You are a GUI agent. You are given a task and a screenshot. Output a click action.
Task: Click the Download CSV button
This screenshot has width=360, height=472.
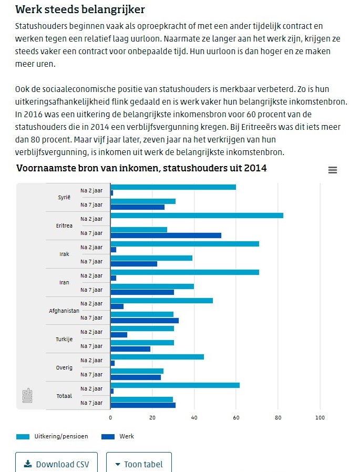coord(56,464)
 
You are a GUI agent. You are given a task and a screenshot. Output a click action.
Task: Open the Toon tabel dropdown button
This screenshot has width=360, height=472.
coord(139,464)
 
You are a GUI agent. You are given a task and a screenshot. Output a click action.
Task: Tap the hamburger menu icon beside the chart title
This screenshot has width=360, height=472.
coord(332,170)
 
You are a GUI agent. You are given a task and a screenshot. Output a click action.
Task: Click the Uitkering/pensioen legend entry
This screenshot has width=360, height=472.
coord(53,436)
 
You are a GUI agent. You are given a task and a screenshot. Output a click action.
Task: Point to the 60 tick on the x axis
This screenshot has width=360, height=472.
coord(236,418)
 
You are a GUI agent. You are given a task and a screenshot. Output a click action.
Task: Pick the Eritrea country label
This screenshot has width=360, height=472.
coord(64,226)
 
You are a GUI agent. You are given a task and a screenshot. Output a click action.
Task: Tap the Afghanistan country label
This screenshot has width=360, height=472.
coord(64,311)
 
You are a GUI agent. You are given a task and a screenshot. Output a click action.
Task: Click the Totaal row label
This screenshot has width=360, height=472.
coord(64,396)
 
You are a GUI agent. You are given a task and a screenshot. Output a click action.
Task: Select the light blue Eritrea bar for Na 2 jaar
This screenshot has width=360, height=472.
coord(197,216)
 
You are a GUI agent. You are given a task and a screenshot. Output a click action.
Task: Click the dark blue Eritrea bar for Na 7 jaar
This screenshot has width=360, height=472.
coord(166,235)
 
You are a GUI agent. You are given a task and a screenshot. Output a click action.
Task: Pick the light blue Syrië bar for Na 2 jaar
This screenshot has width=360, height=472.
coord(173,187)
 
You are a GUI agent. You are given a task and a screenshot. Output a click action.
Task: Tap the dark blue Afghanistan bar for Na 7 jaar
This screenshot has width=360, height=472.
coord(145,320)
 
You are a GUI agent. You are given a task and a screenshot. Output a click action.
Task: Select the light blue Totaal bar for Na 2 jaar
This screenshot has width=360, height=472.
coord(175,385)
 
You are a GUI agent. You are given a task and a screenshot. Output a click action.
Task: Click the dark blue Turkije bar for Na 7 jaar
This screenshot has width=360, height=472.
coord(130,349)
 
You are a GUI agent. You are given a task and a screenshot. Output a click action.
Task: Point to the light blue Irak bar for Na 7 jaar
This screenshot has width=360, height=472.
coord(151,258)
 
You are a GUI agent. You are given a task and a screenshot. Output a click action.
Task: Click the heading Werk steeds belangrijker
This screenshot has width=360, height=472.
coord(80,9)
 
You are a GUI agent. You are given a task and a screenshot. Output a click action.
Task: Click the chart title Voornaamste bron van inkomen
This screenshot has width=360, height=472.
coord(141,168)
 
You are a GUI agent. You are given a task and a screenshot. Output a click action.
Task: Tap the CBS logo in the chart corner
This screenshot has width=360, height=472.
coord(27,396)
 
